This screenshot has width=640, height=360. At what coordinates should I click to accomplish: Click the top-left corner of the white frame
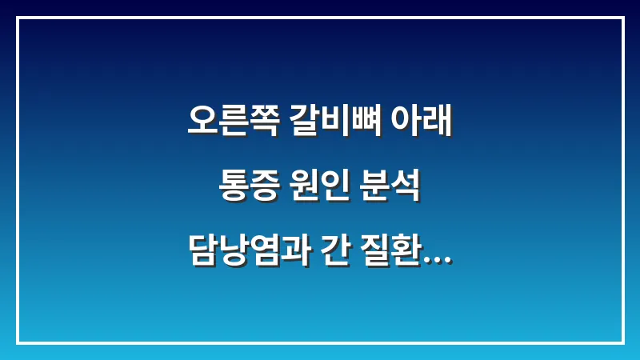pos(18,18)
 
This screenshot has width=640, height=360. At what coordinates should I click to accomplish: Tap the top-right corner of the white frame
pos(622,18)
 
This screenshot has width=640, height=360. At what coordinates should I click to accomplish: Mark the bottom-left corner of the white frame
pos(18,342)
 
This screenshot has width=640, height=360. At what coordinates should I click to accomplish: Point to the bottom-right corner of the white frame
pos(622,342)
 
